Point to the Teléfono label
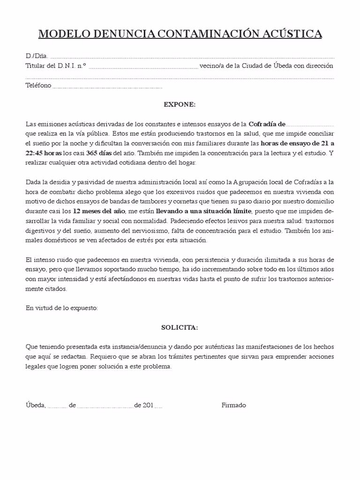pyautogui.click(x=38, y=86)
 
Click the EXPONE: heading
pyautogui.click(x=180, y=104)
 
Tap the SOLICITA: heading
pyautogui.click(x=180, y=328)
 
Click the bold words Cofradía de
pyautogui.click(x=267, y=124)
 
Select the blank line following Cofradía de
pyautogui.click(x=310, y=126)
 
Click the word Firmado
pyautogui.click(x=233, y=405)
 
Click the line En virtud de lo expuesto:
pyautogui.click(x=61, y=308)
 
